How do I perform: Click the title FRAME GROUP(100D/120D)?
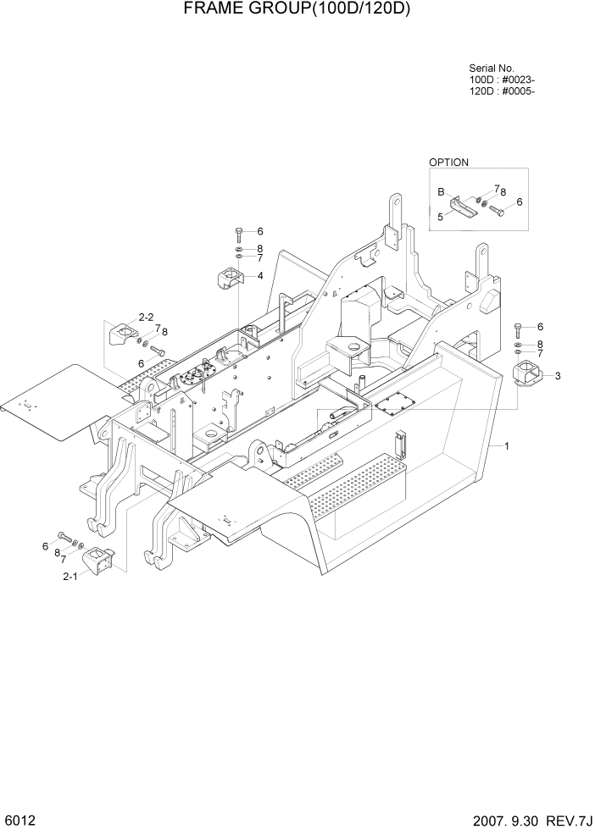coord(297,11)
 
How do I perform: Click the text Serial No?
coord(492,69)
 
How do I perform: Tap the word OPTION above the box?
coord(448,162)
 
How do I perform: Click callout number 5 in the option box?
coord(440,217)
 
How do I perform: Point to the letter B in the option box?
coord(441,192)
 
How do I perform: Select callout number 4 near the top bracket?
coord(259,276)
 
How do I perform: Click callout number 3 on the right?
coord(557,375)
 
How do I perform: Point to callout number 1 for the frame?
coord(506,445)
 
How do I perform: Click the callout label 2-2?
coord(146,318)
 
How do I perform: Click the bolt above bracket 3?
coord(518,328)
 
